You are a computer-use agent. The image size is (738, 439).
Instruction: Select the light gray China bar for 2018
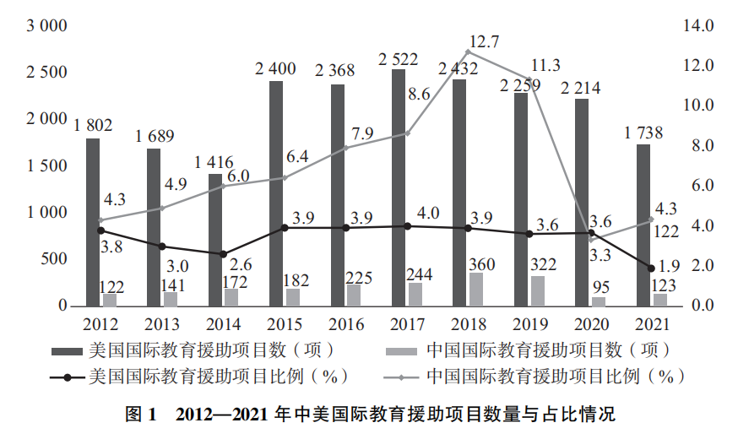tap(476, 289)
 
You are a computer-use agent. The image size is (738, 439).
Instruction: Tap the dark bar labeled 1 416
tap(215, 240)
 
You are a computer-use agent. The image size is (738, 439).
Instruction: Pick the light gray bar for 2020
tap(598, 301)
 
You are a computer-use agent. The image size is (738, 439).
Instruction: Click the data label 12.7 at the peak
tap(485, 41)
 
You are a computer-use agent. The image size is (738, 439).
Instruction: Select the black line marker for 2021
tap(651, 268)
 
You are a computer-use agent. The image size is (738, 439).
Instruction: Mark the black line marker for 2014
tap(223, 253)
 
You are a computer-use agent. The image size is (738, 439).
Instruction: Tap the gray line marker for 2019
tap(529, 79)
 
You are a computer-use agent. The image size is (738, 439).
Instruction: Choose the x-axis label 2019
tap(528, 323)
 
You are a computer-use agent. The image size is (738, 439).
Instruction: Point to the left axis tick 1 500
tap(47, 165)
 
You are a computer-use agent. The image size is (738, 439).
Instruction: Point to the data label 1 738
tap(643, 132)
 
